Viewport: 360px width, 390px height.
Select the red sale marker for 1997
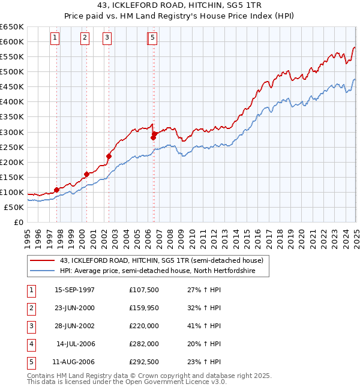pos(57,190)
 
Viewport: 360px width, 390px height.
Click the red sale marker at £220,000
pos(109,156)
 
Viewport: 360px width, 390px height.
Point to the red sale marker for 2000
pos(87,174)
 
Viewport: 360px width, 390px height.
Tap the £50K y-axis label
pos(14,207)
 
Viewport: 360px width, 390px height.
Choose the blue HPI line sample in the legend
pos(43,271)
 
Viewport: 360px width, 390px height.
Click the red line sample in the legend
pos(43,261)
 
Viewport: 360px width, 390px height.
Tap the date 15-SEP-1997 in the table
pos(74,290)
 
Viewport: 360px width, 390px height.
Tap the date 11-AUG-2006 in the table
pos(74,362)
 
